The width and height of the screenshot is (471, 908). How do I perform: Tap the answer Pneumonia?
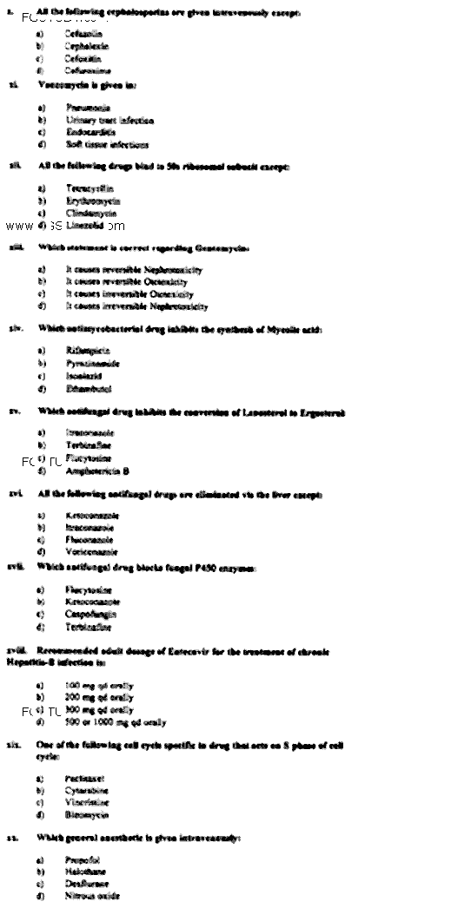[x=87, y=109]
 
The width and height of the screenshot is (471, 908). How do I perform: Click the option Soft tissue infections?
[x=107, y=145]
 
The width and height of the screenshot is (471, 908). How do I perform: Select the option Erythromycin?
[x=92, y=200]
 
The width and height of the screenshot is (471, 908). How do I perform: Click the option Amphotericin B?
[x=97, y=470]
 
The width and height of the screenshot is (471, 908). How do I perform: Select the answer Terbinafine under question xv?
[x=89, y=444]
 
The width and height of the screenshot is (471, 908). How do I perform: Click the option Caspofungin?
[x=90, y=614]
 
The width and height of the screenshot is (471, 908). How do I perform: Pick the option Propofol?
[x=84, y=858]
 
